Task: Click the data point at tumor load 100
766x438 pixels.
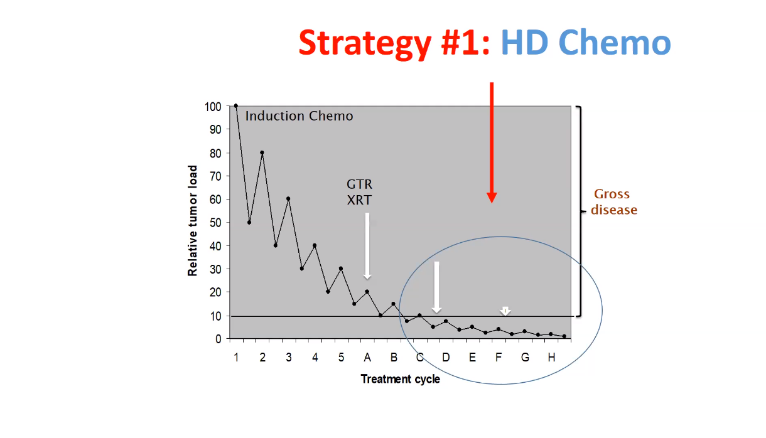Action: click(236, 106)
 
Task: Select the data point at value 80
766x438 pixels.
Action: click(262, 152)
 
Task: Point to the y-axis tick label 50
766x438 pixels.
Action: click(215, 222)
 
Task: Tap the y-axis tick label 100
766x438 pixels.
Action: click(213, 107)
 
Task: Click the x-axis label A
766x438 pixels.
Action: click(367, 358)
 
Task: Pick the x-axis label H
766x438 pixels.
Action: click(551, 358)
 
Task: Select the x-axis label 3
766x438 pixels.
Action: click(289, 358)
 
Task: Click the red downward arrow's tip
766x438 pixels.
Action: click(492, 203)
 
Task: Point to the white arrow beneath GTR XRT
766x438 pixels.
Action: click(367, 246)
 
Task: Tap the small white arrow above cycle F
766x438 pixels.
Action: click(505, 311)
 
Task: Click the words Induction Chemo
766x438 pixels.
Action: click(299, 116)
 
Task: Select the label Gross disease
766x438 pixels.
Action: click(614, 202)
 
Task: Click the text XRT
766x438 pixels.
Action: click(359, 200)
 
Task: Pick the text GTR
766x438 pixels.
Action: click(359, 184)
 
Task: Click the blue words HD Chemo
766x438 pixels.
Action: click(586, 43)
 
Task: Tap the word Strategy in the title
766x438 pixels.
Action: click(365, 44)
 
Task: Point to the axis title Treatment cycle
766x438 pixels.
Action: click(401, 379)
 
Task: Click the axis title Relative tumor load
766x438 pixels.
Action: click(193, 221)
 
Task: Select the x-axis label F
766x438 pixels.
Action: click(499, 358)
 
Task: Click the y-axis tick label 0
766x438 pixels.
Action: click(218, 339)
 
